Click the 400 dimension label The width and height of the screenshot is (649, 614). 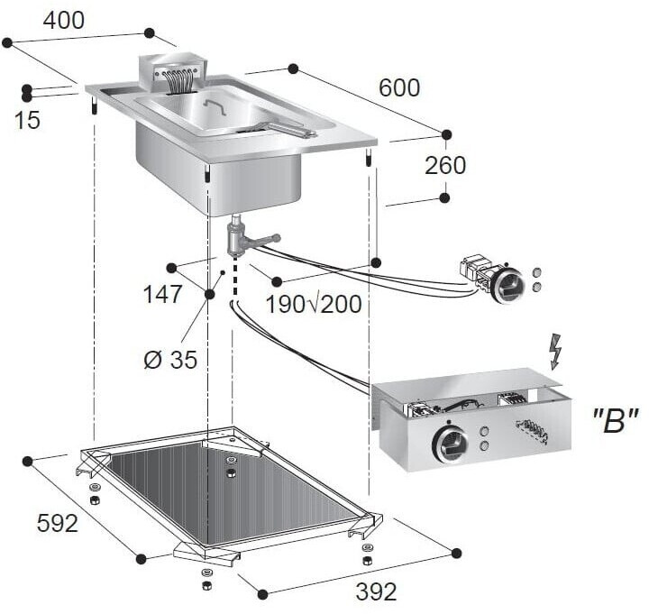64,21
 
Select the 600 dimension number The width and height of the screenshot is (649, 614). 399,87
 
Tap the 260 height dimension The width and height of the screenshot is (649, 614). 445,166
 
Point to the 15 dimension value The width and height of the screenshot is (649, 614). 27,121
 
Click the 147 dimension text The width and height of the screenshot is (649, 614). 162,295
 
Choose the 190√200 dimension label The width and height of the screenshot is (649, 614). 314,305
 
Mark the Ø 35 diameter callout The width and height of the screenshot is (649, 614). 170,360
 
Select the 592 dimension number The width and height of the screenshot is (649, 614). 58,523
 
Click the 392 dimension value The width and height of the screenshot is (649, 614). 376,591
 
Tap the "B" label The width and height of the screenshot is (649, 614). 614,422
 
